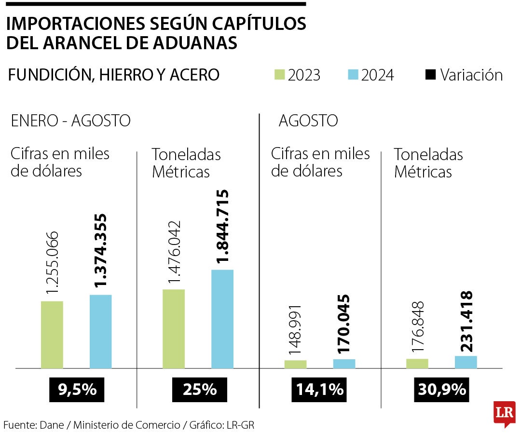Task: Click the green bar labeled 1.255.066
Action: point(52,335)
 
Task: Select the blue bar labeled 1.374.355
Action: point(100,331)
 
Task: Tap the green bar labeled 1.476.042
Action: point(174,329)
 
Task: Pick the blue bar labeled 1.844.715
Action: point(222,319)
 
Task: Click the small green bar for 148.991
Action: point(295,364)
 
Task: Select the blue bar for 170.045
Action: point(344,364)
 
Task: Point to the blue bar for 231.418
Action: point(466,362)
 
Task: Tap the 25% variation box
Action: point(199,389)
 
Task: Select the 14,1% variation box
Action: point(320,389)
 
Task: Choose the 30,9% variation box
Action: point(442,389)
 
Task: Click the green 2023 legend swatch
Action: point(280,75)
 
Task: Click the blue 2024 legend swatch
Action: point(353,75)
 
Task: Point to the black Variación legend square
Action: point(431,75)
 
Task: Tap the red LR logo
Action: point(504,413)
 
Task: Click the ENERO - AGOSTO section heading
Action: point(70,121)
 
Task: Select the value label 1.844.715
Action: point(222,227)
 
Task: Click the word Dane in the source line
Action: point(52,425)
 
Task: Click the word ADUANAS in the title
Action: point(197,43)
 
